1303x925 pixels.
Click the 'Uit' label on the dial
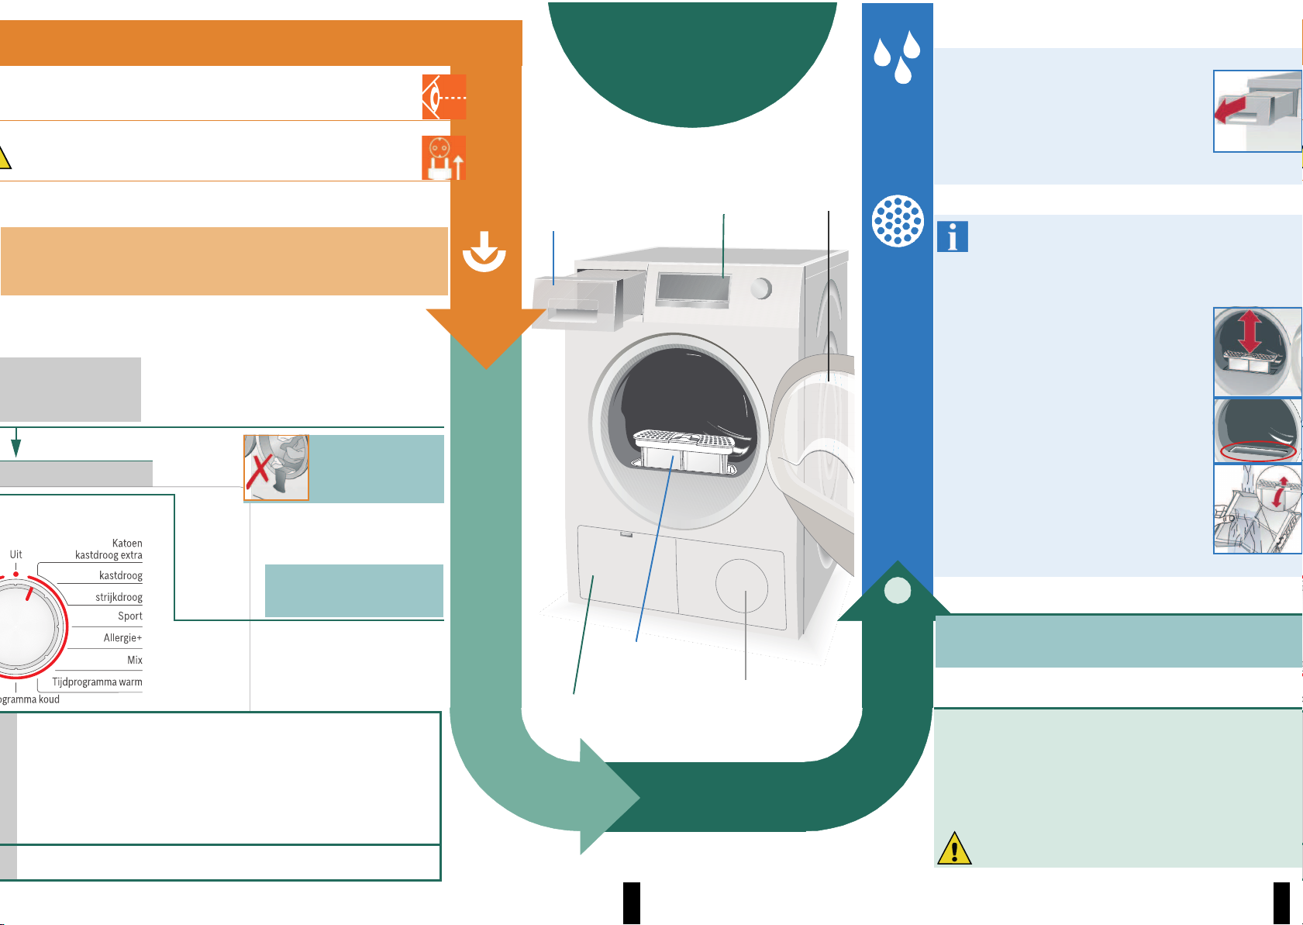pyautogui.click(x=16, y=554)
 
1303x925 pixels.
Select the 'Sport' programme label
pyautogui.click(x=129, y=616)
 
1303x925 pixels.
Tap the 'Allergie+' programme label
pyautogui.click(x=122, y=638)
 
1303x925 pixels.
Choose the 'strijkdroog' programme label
pyautogui.click(x=119, y=597)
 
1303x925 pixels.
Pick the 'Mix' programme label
pyautogui.click(x=135, y=660)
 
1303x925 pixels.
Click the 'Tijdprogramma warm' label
pyautogui.click(x=97, y=682)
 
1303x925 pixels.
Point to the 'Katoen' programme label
pyautogui.click(x=127, y=544)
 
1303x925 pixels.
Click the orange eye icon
pyautogui.click(x=443, y=97)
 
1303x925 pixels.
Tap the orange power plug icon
pyautogui.click(x=443, y=157)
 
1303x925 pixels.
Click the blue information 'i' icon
pyautogui.click(x=953, y=236)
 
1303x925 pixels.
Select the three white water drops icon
pyautogui.click(x=897, y=57)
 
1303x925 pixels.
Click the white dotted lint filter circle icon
pyautogui.click(x=898, y=221)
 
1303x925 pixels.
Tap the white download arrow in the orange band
pyautogui.click(x=484, y=250)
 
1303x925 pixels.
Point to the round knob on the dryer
pyautogui.click(x=761, y=288)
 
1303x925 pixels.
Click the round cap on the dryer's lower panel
pyautogui.click(x=742, y=585)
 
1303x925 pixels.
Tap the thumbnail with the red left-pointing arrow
pyautogui.click(x=1256, y=112)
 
